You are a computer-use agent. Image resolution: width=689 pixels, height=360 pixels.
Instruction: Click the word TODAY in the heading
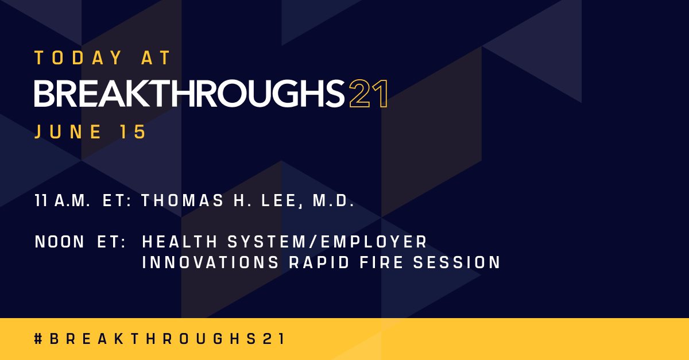[78, 57]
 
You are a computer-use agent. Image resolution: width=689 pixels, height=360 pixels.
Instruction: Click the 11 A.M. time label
[63, 201]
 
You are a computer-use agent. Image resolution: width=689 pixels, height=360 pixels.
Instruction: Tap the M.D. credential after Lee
[333, 201]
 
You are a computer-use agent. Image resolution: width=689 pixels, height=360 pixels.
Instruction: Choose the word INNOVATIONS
[207, 263]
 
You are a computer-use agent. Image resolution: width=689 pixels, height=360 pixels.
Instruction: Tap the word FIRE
[376, 263]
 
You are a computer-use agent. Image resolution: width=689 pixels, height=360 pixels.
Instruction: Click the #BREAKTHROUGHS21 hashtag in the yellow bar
[160, 339]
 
